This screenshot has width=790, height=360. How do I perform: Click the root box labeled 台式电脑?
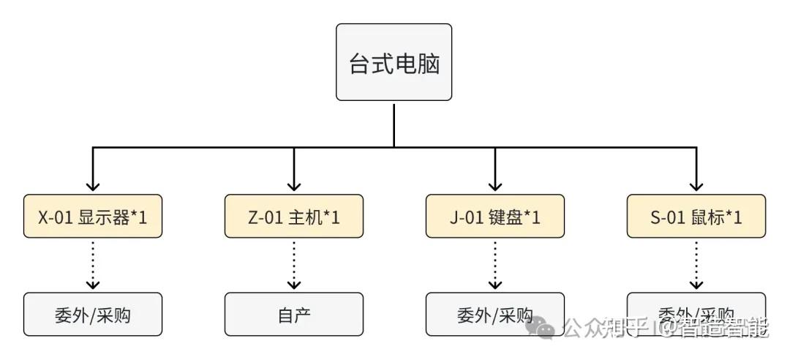tap(394, 62)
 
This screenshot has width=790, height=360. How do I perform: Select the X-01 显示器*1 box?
tap(93, 216)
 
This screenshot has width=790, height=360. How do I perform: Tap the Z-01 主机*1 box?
tap(294, 216)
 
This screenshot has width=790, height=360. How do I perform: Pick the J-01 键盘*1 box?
tap(495, 216)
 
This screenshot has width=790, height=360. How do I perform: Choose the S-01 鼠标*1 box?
tap(696, 216)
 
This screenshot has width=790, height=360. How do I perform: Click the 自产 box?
tap(294, 315)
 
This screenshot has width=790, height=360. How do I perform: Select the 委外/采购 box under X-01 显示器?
tap(93, 315)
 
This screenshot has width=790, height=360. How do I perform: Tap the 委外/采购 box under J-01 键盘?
tap(495, 315)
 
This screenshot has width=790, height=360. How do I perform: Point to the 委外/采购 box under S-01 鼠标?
tap(696, 306)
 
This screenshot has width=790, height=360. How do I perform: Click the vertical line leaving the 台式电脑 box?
tap(394, 124)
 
